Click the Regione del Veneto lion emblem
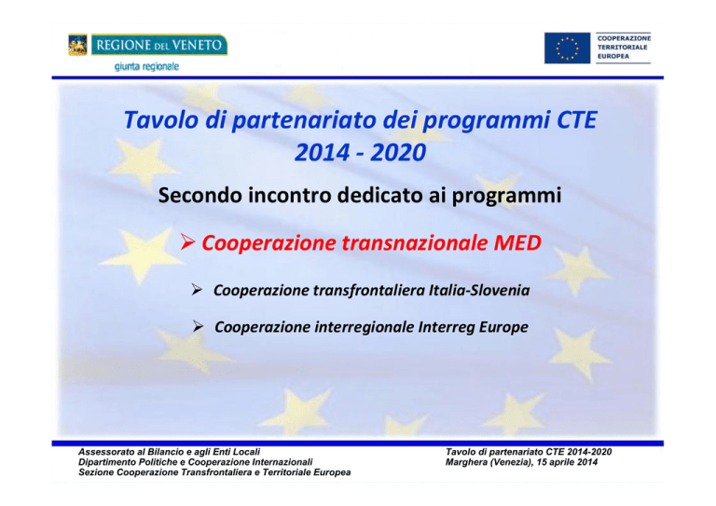pyautogui.click(x=77, y=45)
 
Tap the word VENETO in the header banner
pyautogui.click(x=199, y=45)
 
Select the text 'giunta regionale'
pyautogui.click(x=146, y=66)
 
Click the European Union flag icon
pyautogui.click(x=567, y=48)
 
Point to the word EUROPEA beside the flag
pyautogui.click(x=613, y=56)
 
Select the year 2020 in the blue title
pyautogui.click(x=398, y=153)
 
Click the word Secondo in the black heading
pyautogui.click(x=200, y=196)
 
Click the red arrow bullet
pyautogui.click(x=187, y=242)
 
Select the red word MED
pyautogui.click(x=517, y=242)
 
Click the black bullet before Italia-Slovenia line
pyautogui.click(x=197, y=290)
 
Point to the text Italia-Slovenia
pyautogui.click(x=479, y=290)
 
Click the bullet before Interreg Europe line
pyautogui.click(x=198, y=326)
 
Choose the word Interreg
pyautogui.click(x=447, y=327)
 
